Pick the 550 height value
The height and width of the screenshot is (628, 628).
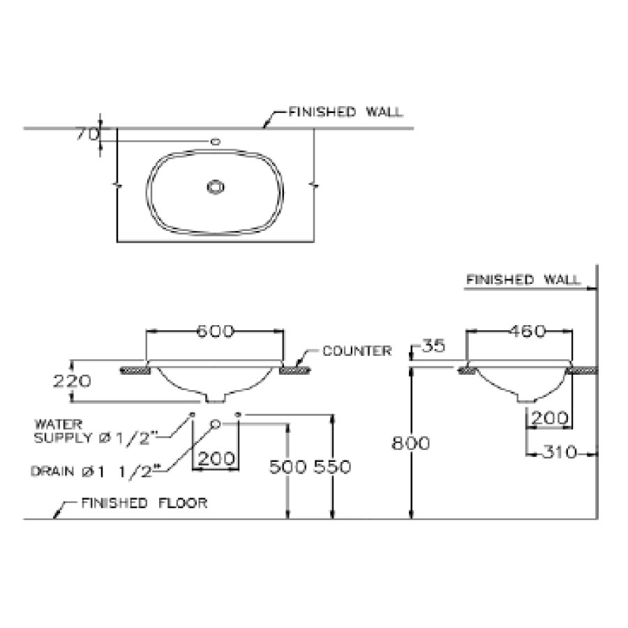tap(332, 467)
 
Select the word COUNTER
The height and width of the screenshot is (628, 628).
tap(357, 351)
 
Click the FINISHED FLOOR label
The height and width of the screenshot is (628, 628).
tap(144, 502)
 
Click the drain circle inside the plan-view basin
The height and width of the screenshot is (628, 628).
tap(216, 186)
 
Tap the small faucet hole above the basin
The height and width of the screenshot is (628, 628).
tap(215, 142)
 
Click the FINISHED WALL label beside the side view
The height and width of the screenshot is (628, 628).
tap(523, 280)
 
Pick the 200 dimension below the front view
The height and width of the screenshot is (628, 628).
tap(216, 459)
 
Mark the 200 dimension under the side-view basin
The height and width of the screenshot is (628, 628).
tap(549, 418)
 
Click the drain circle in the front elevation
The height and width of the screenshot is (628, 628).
tap(216, 423)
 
